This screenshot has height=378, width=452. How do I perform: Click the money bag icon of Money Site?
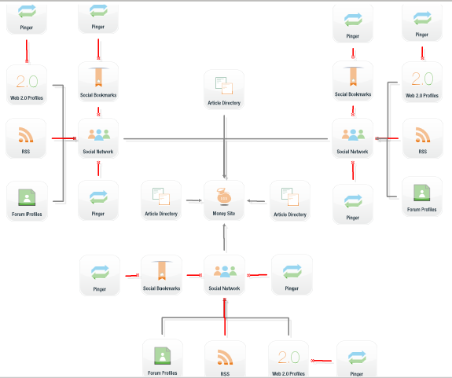click(224, 196)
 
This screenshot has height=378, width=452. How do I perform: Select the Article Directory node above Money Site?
click(224, 90)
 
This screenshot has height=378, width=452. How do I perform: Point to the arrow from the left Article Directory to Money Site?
click(194, 200)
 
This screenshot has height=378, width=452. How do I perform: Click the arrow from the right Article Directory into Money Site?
click(256, 201)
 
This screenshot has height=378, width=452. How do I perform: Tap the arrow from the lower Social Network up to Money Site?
click(224, 237)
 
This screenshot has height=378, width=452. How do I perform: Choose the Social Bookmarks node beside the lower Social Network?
click(161, 275)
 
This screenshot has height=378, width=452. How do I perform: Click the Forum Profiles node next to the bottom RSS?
click(163, 358)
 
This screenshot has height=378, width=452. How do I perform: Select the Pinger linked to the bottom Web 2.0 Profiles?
click(357, 359)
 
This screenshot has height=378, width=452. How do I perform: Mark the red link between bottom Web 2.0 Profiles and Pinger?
click(322, 361)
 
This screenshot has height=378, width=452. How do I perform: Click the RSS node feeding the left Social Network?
click(26, 138)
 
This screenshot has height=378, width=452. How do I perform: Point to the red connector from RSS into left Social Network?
click(64, 138)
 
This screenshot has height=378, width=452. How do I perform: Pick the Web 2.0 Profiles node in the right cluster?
click(422, 82)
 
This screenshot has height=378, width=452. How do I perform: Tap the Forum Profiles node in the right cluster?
click(422, 196)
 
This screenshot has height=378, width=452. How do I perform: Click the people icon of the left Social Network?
click(99, 135)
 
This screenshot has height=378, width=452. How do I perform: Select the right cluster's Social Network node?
click(352, 138)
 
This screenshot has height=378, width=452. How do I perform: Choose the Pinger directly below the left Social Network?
click(98, 200)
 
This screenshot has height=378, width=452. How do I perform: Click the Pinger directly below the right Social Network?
click(353, 204)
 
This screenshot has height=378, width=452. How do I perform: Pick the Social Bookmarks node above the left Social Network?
click(98, 82)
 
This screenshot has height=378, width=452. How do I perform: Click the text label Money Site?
click(224, 214)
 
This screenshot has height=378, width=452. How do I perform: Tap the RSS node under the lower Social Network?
click(225, 359)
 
